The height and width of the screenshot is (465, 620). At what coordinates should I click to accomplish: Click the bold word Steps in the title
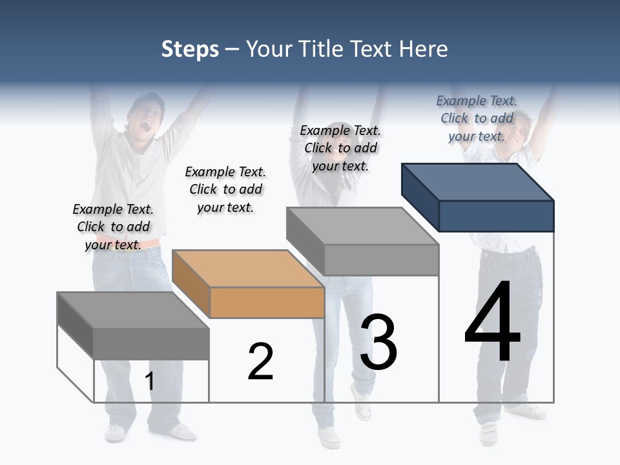(x=190, y=50)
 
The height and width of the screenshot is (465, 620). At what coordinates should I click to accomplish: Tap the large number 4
(x=492, y=322)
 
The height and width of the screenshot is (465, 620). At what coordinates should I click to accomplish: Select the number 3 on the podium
(x=378, y=342)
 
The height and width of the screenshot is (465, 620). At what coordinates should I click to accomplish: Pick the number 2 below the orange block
(x=260, y=362)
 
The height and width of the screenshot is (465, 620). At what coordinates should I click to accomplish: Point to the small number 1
(x=149, y=381)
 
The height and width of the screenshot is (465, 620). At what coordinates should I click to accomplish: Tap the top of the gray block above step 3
(x=362, y=226)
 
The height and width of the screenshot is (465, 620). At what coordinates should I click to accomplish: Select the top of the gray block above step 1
(x=132, y=310)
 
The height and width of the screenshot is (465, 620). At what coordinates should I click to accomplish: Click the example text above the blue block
(x=477, y=119)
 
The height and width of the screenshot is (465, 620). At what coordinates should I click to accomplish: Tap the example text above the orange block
(x=225, y=189)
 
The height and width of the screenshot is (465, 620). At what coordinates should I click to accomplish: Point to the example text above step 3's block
(x=340, y=148)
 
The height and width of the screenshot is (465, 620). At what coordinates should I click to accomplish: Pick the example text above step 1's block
(x=113, y=227)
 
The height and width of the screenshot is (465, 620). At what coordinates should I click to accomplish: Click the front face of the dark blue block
(x=496, y=216)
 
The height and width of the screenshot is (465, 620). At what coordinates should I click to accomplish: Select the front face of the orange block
(x=267, y=302)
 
